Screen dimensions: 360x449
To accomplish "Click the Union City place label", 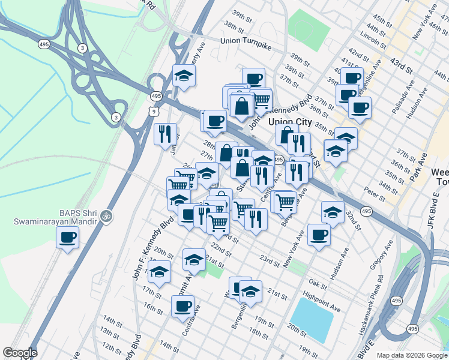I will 290,122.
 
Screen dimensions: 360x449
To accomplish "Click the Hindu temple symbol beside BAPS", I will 107,214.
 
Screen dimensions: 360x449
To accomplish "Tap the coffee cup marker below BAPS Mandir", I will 67,238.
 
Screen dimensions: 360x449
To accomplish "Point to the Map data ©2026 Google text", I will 412,355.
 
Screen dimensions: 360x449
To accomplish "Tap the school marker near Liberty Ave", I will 184,76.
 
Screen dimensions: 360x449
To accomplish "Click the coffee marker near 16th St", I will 183,307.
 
